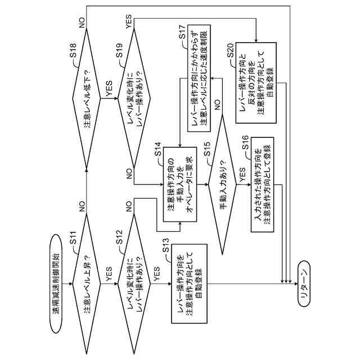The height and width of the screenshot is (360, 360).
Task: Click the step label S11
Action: tap(73, 237)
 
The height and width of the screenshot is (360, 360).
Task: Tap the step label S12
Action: tap(119, 237)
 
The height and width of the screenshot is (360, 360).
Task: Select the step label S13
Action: tap(165, 245)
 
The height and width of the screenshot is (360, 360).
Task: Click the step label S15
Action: tap(206, 149)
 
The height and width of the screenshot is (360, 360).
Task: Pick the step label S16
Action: tap(245, 142)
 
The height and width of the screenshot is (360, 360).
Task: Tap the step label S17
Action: tap(182, 31)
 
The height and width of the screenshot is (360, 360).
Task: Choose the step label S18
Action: tap(73, 50)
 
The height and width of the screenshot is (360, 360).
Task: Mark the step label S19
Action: tap(119, 50)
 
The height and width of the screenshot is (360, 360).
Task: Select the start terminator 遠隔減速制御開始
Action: tap(56, 283)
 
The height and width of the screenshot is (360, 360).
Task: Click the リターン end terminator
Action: tap(304, 283)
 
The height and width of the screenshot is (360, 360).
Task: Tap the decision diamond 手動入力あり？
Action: tap(222, 184)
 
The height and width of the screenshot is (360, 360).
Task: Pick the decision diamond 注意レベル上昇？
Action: tap(86, 283)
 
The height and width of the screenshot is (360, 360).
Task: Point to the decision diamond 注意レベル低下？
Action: tap(86, 99)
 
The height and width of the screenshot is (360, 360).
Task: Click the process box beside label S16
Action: tap(263, 184)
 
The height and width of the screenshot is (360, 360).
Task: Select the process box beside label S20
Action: tap(256, 83)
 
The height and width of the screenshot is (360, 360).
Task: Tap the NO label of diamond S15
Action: tap(217, 105)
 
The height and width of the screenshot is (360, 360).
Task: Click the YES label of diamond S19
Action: tap(129, 22)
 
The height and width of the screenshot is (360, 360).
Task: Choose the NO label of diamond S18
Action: tap(82, 22)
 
